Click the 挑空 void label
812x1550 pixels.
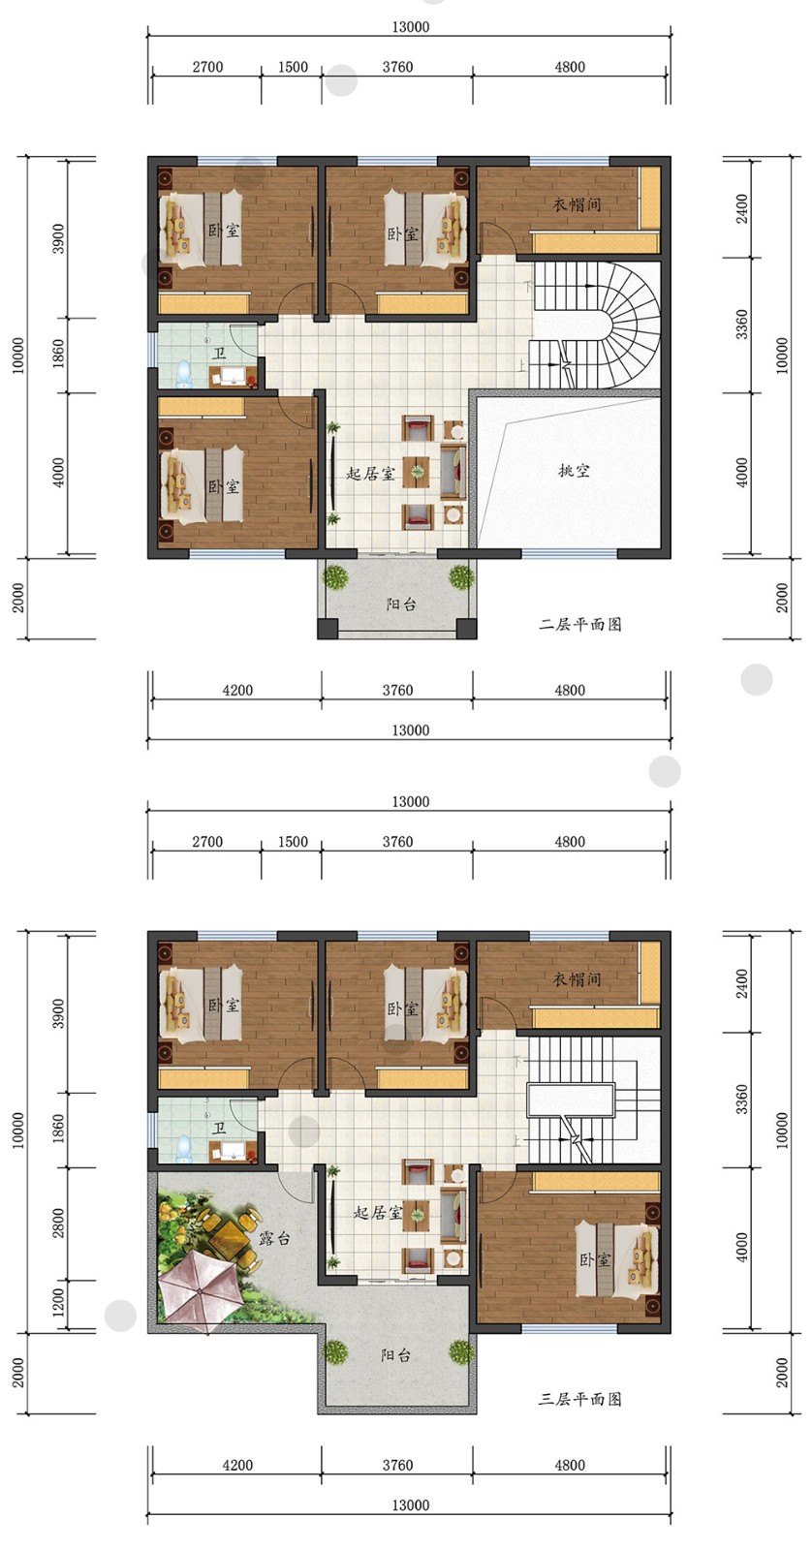tap(574, 471)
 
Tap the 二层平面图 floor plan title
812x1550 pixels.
tap(580, 624)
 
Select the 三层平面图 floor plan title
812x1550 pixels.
tap(580, 1399)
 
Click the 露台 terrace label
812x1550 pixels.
tap(275, 1238)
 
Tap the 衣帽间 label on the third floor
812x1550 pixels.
tap(576, 979)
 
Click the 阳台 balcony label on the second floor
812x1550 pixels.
tap(401, 604)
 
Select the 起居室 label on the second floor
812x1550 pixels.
tap(370, 474)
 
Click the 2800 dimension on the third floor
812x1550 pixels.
tap(59, 1223)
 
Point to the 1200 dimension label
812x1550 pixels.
tap(59, 1303)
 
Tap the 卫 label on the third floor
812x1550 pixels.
tap(219, 1129)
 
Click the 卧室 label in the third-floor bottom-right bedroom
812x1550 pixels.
tap(595, 1259)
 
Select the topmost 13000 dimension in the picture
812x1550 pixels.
tap(411, 27)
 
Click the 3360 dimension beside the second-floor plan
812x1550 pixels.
tap(741, 324)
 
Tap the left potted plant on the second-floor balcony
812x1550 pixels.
tap(335, 576)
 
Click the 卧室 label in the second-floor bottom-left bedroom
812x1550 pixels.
tap(224, 486)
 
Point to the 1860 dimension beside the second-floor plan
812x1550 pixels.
tap(59, 353)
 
